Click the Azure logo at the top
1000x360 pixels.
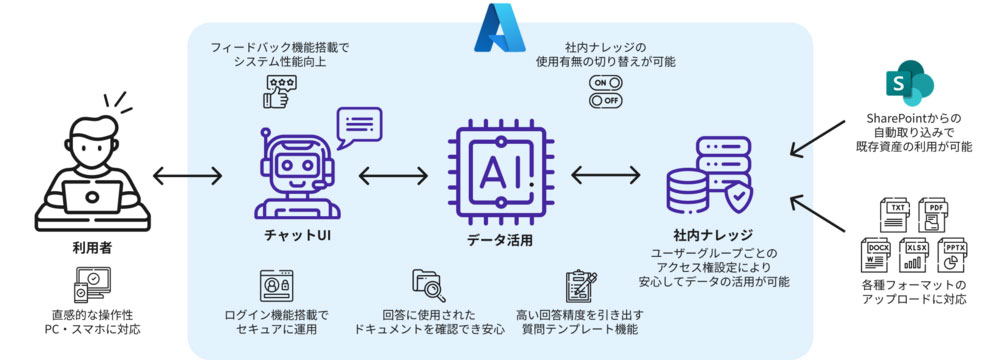click(x=501, y=27)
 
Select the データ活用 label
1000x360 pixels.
click(x=499, y=240)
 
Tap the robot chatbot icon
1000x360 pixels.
click(x=290, y=175)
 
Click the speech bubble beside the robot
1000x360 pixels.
click(x=359, y=127)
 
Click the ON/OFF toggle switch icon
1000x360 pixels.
click(x=606, y=91)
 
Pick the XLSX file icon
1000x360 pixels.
click(x=916, y=256)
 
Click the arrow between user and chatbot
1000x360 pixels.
click(x=188, y=177)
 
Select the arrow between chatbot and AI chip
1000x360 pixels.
click(x=393, y=177)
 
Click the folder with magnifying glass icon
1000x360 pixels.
click(x=428, y=286)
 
